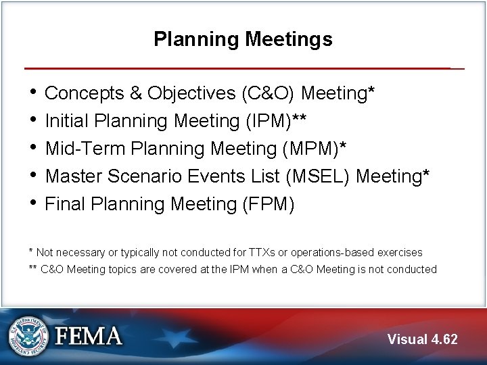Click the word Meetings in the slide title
coord(289,39)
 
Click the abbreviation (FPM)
coord(268,203)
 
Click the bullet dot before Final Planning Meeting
coord(33,203)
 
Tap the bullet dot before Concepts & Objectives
coord(33,92)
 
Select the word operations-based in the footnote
coord(327,252)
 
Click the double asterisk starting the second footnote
coord(32,269)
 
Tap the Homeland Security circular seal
coord(29,336)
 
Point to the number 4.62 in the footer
coord(444,339)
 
